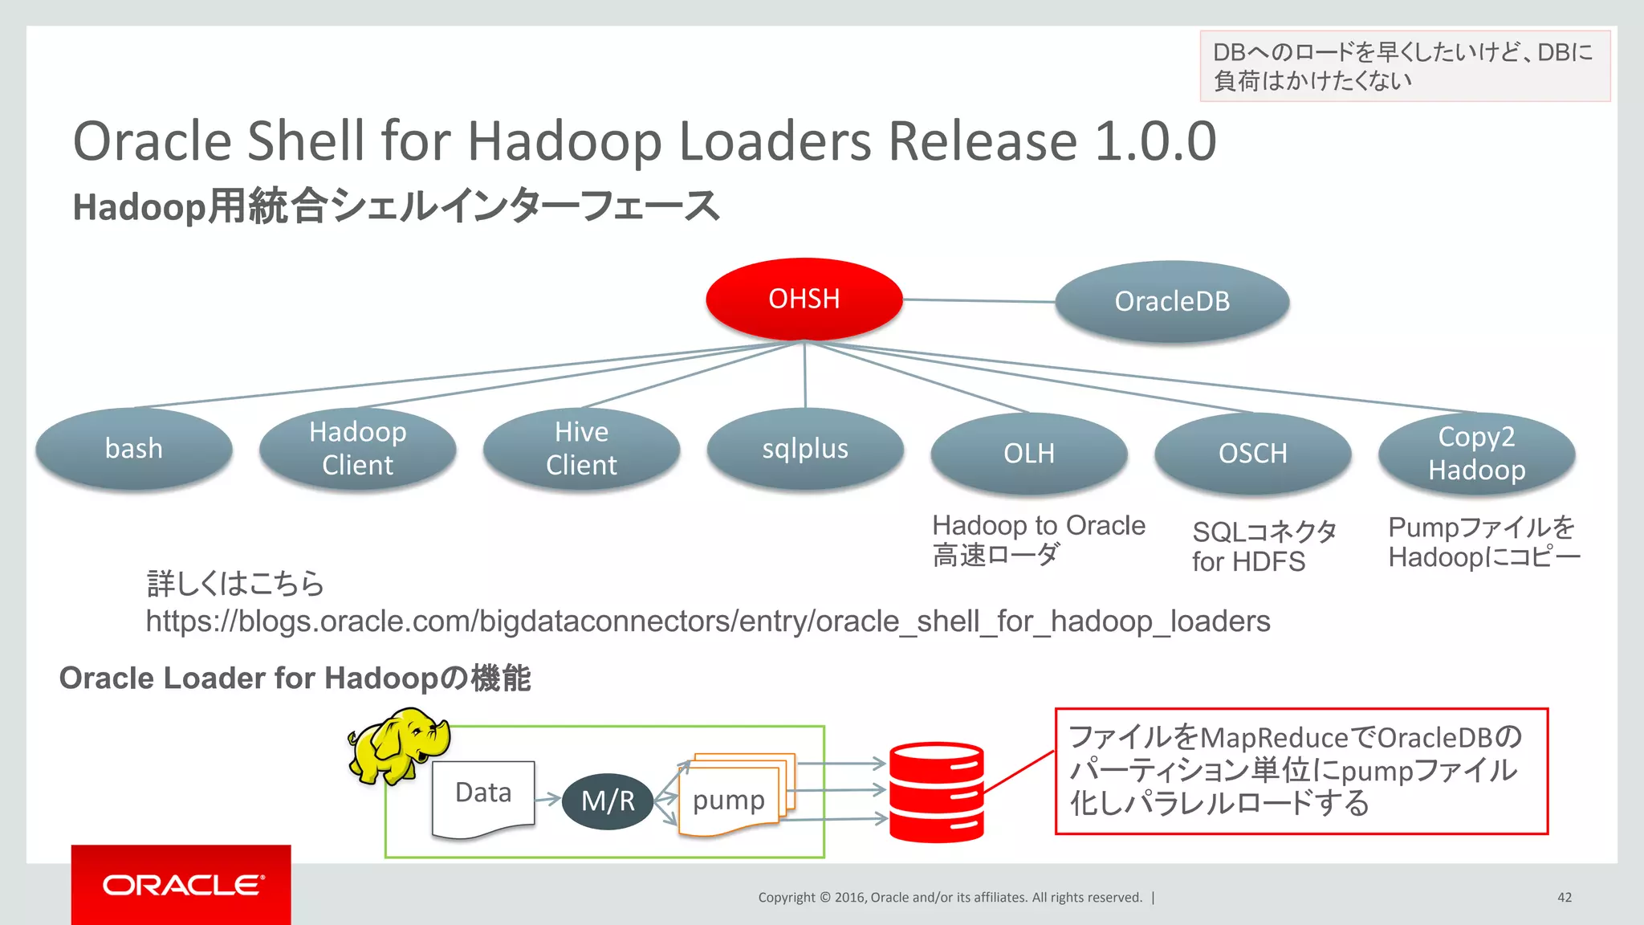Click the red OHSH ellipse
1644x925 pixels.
(804, 299)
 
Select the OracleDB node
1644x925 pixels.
(1172, 302)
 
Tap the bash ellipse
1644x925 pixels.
(134, 448)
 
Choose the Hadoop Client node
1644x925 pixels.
(358, 448)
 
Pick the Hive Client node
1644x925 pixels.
(581, 448)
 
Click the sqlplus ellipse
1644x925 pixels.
(805, 448)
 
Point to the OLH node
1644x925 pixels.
(1029, 453)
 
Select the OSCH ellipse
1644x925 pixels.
(1252, 453)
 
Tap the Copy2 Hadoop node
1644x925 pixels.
(1476, 453)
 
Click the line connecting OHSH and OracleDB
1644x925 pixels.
(979, 301)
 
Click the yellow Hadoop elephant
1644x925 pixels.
(397, 744)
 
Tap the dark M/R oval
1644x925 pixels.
(608, 801)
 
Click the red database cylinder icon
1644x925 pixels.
(936, 792)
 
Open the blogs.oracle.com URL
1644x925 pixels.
(707, 621)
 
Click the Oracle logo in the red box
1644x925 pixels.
(182, 885)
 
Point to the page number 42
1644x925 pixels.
(1565, 897)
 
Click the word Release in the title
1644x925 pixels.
(983, 141)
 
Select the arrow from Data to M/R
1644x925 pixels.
(547, 798)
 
